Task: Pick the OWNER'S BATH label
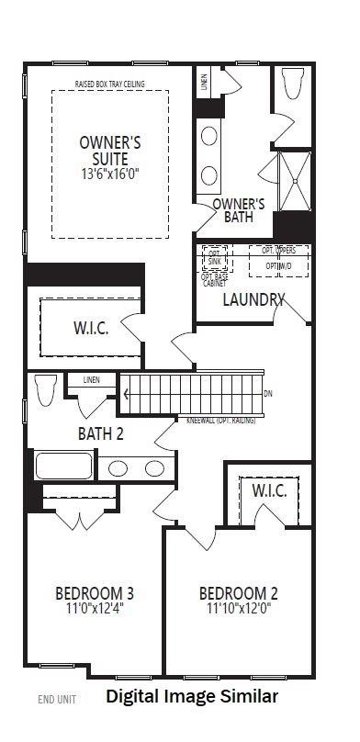click(239, 210)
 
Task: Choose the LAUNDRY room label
click(253, 299)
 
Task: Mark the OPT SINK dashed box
click(215, 256)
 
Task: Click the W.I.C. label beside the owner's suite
click(91, 329)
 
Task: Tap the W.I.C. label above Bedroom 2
click(269, 490)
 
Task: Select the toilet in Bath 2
click(43, 391)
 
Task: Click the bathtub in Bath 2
click(63, 465)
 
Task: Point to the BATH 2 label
click(100, 433)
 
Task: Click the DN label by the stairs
click(268, 394)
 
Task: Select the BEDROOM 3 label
click(95, 592)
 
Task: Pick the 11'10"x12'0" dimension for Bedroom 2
click(238, 608)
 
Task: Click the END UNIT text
click(57, 699)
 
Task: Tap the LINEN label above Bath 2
click(92, 379)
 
